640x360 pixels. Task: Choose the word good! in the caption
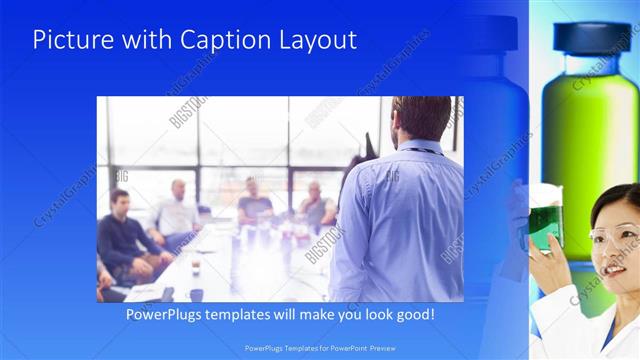click(412, 314)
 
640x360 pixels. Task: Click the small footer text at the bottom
click(319, 348)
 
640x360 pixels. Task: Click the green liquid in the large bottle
click(590, 130)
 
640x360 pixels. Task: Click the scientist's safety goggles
click(611, 238)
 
